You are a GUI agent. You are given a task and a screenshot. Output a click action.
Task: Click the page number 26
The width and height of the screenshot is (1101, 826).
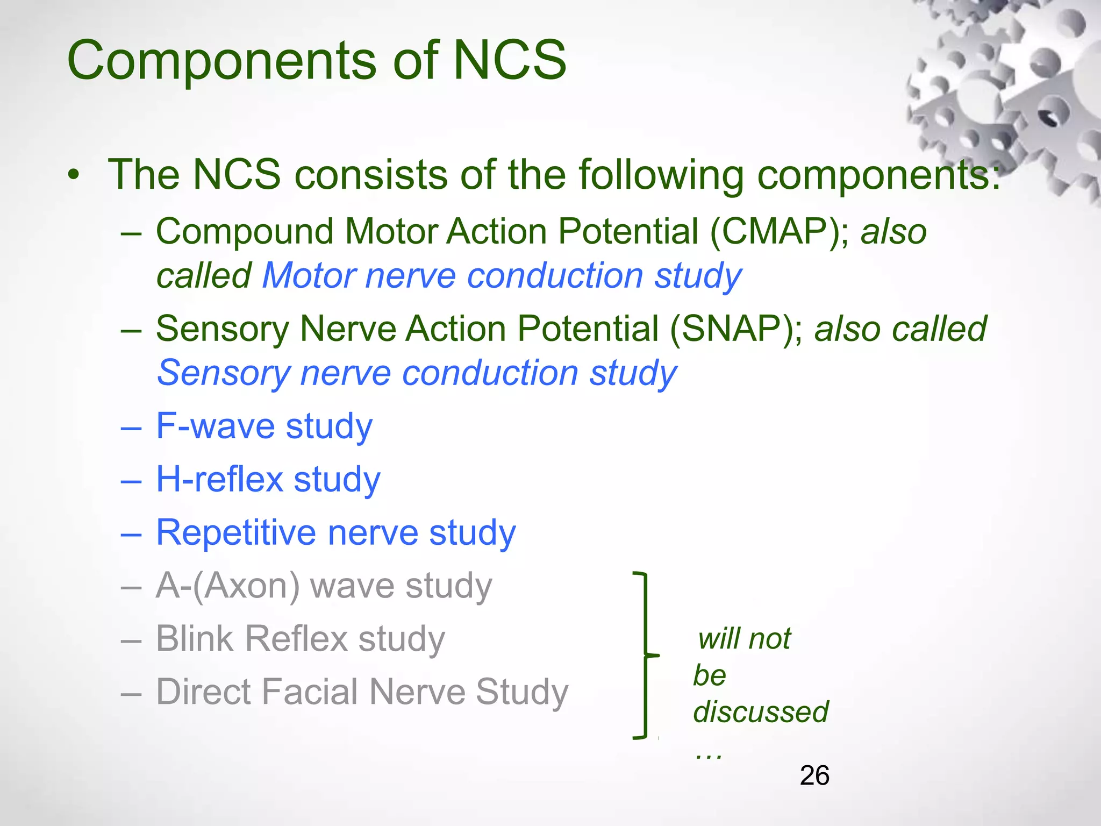[814, 775]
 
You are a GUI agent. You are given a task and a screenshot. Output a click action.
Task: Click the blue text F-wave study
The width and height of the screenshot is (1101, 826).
[264, 426]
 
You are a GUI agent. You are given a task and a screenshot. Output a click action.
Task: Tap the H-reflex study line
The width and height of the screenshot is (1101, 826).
[268, 479]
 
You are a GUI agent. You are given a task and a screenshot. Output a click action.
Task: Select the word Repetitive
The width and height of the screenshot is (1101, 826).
[235, 533]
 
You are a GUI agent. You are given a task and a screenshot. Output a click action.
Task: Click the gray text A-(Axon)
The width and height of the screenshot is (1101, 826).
[227, 586]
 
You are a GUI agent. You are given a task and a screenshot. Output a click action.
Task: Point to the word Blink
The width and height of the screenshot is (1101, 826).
[195, 639]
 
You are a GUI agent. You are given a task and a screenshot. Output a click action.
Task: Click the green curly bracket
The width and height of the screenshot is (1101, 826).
[645, 656]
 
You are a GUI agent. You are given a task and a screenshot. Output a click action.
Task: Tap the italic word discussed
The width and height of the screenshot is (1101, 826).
[760, 712]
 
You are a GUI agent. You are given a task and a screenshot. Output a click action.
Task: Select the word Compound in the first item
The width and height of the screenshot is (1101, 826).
[245, 232]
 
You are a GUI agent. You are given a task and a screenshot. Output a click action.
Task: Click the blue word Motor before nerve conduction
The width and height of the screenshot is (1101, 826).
[309, 276]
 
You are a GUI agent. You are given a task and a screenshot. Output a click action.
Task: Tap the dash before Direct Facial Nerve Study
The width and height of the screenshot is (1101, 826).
[131, 693]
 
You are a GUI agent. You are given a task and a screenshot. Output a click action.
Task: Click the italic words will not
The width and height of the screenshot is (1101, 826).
[744, 639]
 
